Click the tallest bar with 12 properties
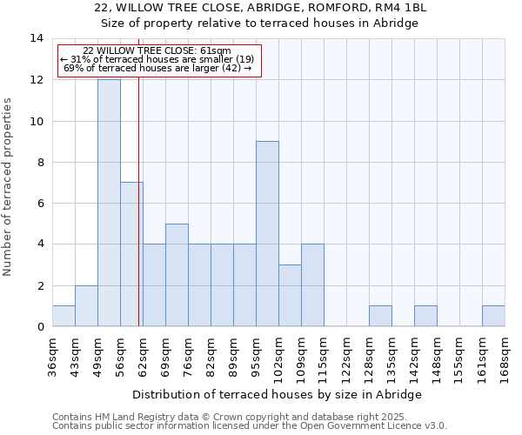[x=109, y=203]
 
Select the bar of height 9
[x=267, y=233]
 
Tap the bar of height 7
[x=131, y=254]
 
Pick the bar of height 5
[x=177, y=275]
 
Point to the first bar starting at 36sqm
[x=64, y=316]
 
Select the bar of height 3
[x=290, y=296]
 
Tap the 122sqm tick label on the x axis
[x=347, y=357]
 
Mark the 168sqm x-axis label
[x=505, y=357]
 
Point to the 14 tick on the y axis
[x=37, y=38]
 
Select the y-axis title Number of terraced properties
[x=9, y=187]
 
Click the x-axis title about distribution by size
[x=278, y=394]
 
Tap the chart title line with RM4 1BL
[x=260, y=8]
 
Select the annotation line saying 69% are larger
[x=157, y=68]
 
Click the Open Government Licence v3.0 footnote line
[x=250, y=426]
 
